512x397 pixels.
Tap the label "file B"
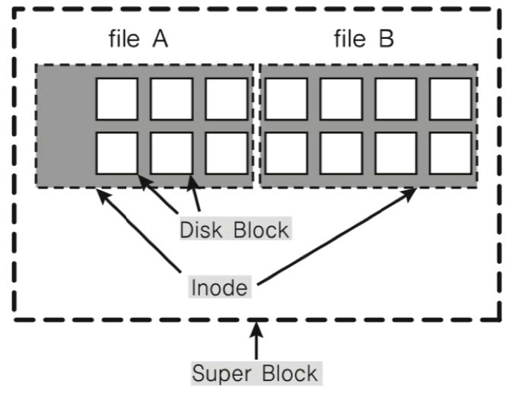(364, 40)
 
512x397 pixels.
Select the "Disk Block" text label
(234, 228)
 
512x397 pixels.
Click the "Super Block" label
(254, 373)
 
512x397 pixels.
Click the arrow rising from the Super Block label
(256, 342)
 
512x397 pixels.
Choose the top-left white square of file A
(116, 98)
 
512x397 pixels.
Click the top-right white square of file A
(226, 98)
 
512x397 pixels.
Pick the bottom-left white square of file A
(116, 153)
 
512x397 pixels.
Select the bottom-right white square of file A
(226, 153)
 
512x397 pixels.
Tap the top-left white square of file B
(286, 98)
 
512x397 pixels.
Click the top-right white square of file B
(450, 98)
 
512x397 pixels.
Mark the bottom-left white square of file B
(286, 153)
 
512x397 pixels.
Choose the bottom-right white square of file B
(450, 153)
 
